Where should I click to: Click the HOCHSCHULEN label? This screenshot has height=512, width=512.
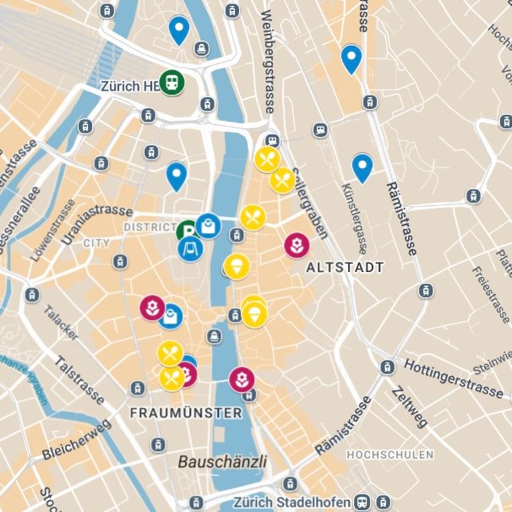tap(389, 455)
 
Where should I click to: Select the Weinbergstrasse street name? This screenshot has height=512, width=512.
tap(270, 59)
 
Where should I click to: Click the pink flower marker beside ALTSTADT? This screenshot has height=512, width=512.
tap(296, 246)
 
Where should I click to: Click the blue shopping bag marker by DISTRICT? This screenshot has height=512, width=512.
tap(209, 226)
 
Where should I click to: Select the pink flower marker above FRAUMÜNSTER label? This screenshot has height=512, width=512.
tap(242, 377)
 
